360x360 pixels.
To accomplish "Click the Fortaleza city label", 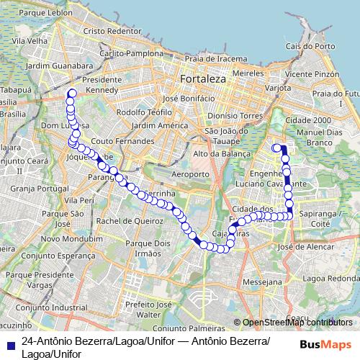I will (x=204, y=77).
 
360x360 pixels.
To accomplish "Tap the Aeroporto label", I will (x=190, y=174).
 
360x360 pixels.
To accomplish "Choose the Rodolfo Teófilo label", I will (x=142, y=113).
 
